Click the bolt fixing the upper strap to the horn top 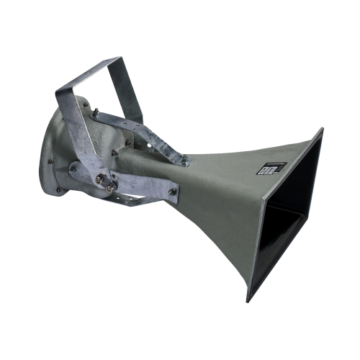186,160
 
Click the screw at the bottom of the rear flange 59,190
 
